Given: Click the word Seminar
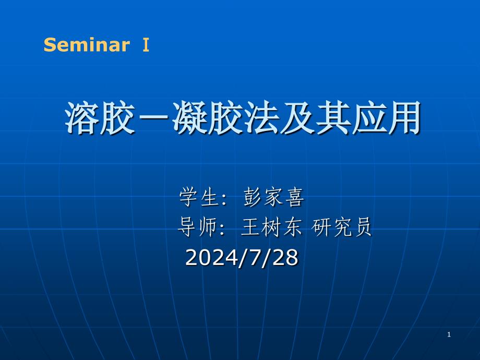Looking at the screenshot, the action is (x=87, y=45).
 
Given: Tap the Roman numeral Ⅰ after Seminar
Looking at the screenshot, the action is (x=146, y=45).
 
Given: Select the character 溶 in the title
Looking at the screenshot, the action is (x=82, y=118).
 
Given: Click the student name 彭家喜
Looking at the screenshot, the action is (x=274, y=197).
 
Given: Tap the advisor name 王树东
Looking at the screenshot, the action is (x=271, y=227).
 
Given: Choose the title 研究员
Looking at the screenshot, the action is (x=342, y=227).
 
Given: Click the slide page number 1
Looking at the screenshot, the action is (x=449, y=334).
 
